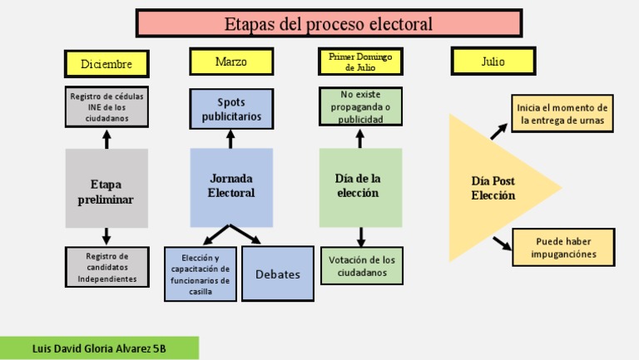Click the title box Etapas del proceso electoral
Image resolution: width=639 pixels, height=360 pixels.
point(329,24)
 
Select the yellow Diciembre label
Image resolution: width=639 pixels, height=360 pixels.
point(106,64)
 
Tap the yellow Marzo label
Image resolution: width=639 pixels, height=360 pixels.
point(230,62)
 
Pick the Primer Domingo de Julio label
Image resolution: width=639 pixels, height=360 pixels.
point(360,62)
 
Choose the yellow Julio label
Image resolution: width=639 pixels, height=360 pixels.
point(493,62)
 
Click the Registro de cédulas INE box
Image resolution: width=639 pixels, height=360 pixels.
point(106,107)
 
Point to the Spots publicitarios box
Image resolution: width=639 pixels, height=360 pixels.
point(230,109)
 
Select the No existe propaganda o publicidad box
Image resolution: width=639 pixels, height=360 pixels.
point(360,107)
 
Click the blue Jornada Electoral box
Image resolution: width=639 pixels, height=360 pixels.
point(230,187)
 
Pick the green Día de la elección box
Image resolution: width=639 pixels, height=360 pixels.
point(360,187)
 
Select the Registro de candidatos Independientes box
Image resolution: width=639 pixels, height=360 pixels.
point(106,267)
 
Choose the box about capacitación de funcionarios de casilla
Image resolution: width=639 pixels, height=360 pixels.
point(200,274)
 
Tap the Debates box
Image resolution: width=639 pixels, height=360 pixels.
point(278,274)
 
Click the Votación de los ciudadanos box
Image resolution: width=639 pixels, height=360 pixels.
point(362,266)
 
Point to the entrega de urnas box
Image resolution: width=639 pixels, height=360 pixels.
point(562,114)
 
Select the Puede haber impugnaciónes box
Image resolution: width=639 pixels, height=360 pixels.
point(563,248)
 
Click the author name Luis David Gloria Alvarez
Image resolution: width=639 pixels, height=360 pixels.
point(99,348)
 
